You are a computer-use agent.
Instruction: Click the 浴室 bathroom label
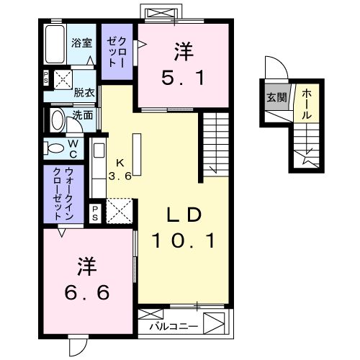(x=81, y=42)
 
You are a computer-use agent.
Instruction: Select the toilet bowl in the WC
(x=56, y=148)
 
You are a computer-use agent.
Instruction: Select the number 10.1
(x=183, y=241)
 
